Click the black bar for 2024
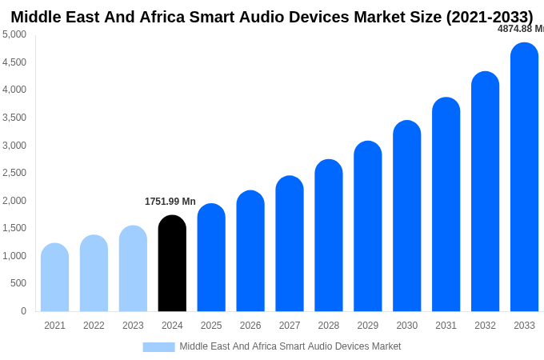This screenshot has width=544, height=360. pyautogui.click(x=172, y=263)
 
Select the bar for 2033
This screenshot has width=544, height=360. pyautogui.click(x=524, y=177)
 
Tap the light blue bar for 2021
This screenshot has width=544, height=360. pyautogui.click(x=54, y=278)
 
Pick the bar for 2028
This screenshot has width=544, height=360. pyautogui.click(x=328, y=235)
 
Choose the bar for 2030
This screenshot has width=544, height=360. pyautogui.click(x=406, y=216)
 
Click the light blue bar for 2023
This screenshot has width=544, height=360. pyautogui.click(x=133, y=269)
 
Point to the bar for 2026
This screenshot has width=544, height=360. pyautogui.click(x=250, y=251)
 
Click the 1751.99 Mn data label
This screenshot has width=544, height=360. pyautogui.click(x=170, y=202)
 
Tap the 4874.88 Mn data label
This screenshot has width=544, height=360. pyautogui.click(x=520, y=29)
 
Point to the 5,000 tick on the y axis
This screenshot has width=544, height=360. pyautogui.click(x=14, y=34)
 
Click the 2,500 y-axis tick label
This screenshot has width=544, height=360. pyautogui.click(x=14, y=173)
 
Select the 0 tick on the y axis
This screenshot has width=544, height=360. pyautogui.click(x=23, y=311)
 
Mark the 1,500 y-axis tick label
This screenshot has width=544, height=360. pyautogui.click(x=14, y=228)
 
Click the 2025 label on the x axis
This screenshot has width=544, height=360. pyautogui.click(x=211, y=326)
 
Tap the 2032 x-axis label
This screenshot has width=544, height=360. pyautogui.click(x=485, y=326)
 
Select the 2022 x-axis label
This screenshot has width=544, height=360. pyautogui.click(x=94, y=326)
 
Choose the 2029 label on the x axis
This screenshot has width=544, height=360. pyautogui.click(x=367, y=326)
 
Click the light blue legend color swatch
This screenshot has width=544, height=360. pyautogui.click(x=158, y=347)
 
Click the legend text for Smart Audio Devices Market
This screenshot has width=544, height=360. pyautogui.click(x=290, y=346)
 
